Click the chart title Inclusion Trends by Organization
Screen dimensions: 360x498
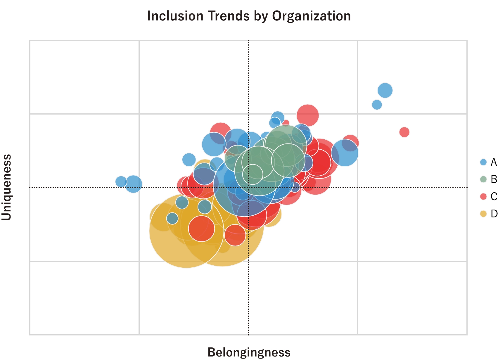click(x=249, y=16)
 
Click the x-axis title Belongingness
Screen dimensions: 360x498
click(x=249, y=352)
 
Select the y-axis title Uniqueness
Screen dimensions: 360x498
click(x=7, y=187)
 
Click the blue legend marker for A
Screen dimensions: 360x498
click(x=483, y=162)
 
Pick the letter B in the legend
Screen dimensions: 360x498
click(x=494, y=179)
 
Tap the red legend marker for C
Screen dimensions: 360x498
click(x=483, y=196)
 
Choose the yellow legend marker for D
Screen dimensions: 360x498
click(x=483, y=214)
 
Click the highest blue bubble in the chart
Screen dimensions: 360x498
click(x=385, y=90)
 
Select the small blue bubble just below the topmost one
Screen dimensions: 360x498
click(x=377, y=104)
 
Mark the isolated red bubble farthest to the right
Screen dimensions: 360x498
click(x=404, y=132)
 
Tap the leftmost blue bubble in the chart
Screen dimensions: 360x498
click(x=121, y=181)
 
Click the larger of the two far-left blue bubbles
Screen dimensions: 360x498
click(x=134, y=184)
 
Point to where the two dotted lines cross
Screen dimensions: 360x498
click(x=248, y=187)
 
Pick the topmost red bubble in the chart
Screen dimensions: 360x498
click(x=308, y=115)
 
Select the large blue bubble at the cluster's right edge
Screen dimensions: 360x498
click(x=345, y=153)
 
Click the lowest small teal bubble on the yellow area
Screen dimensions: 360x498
click(x=172, y=218)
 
